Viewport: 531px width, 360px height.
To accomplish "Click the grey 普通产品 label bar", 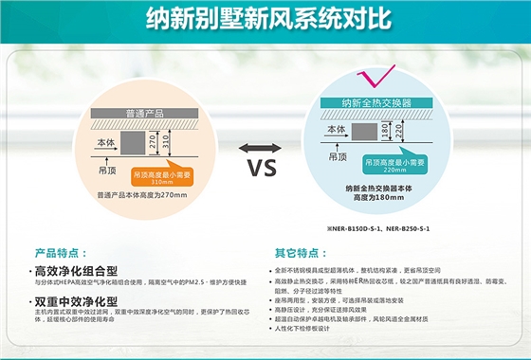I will point(147,112).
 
